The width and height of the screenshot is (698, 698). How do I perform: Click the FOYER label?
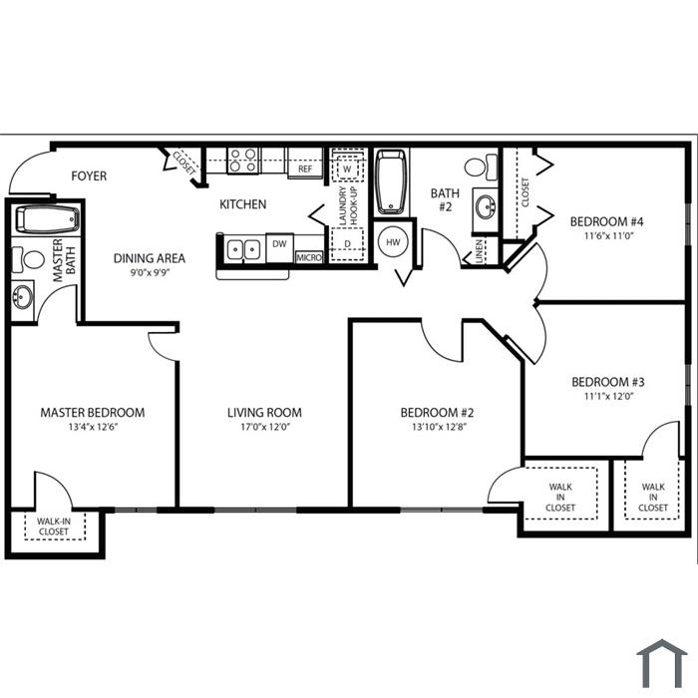coord(89,176)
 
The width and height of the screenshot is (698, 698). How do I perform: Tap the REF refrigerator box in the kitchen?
coord(305,164)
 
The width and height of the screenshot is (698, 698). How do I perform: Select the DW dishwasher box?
coord(279,248)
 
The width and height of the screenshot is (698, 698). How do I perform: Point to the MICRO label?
coord(309,257)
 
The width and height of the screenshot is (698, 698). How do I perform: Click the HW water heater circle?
coord(393,242)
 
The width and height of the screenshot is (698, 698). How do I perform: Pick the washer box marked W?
coord(347,169)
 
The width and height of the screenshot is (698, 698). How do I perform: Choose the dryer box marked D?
coord(348,244)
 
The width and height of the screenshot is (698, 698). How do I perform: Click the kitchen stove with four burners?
coord(243,161)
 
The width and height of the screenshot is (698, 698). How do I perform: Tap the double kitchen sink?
coord(243,249)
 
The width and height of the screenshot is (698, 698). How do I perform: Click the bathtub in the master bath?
coord(48,219)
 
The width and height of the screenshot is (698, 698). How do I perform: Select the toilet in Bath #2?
coord(481,168)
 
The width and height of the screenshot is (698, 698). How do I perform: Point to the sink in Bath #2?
coord(486,207)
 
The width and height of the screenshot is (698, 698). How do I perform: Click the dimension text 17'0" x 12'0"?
coord(265,428)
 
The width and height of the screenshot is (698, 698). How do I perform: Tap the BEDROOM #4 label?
coord(606,221)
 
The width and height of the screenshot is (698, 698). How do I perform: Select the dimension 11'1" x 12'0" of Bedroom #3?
coord(608,396)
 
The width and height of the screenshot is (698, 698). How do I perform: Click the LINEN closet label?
coord(479,251)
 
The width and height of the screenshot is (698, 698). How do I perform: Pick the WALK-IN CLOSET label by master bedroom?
coord(54,526)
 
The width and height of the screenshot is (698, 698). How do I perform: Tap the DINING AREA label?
coord(150,258)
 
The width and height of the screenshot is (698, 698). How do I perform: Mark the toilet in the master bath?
coord(29,259)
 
